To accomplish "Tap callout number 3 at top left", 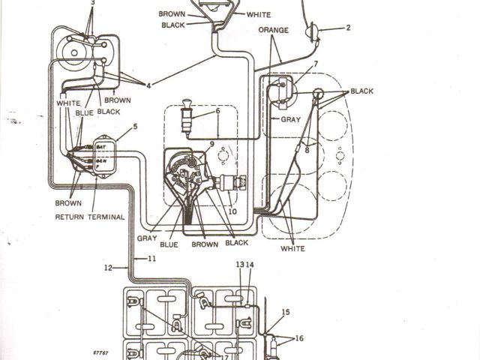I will pyautogui.click(x=92, y=4).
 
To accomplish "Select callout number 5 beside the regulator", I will pyautogui.click(x=135, y=127).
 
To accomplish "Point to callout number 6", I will pyautogui.click(x=217, y=111).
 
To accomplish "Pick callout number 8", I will pyautogui.click(x=307, y=150).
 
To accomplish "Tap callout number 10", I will pyautogui.click(x=232, y=212).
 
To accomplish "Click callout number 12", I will pyautogui.click(x=108, y=267).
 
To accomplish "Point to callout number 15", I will pyautogui.click(x=286, y=312).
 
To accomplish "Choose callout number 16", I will pyautogui.click(x=299, y=338).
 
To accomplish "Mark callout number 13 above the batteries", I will pyautogui.click(x=240, y=265).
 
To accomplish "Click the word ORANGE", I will pyautogui.click(x=273, y=30).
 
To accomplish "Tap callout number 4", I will pyautogui.click(x=148, y=85).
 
